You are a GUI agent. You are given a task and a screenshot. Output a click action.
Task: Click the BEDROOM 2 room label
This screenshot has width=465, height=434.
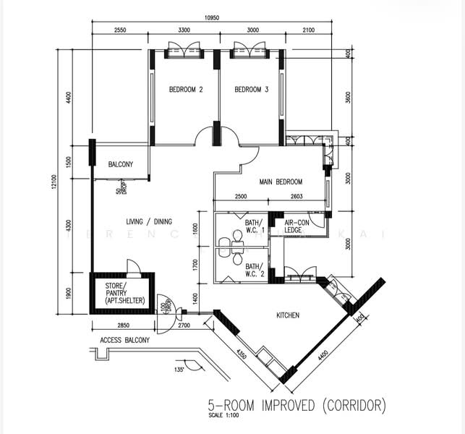click(185, 90)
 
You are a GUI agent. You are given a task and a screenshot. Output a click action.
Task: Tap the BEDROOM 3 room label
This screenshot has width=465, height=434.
click(252, 90)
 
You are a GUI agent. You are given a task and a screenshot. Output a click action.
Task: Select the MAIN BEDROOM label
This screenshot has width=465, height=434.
click(281, 182)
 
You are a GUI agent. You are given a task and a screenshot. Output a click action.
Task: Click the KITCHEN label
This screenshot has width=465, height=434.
click(288, 315)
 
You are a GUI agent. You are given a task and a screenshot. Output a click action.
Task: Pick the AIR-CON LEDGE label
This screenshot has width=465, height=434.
click(297, 226)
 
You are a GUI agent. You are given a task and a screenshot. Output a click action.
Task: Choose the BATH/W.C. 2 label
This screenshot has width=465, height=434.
click(254, 269)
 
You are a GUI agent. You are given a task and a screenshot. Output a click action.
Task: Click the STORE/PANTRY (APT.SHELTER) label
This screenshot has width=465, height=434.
click(121, 293)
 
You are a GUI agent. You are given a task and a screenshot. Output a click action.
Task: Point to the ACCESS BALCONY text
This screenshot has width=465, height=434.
click(120, 339)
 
